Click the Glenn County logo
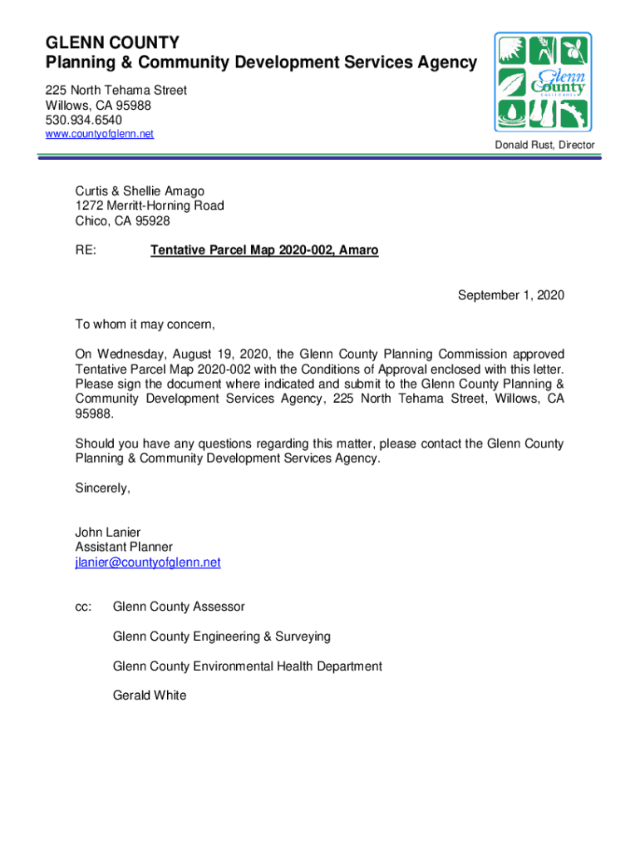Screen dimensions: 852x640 pyautogui.click(x=543, y=82)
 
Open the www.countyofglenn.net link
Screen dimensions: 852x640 pyautogui.click(x=100, y=134)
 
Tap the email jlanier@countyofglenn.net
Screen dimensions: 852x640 pyautogui.click(x=148, y=562)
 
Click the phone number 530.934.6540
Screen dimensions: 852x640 pyautogui.click(x=84, y=120)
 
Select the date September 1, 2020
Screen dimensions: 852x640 pyautogui.click(x=511, y=295)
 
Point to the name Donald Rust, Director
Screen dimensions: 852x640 pyautogui.click(x=545, y=146)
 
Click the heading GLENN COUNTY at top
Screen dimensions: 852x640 pyautogui.click(x=112, y=43)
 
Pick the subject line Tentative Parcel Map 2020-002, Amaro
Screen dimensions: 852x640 pyautogui.click(x=264, y=250)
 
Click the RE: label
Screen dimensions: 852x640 pyautogui.click(x=85, y=250)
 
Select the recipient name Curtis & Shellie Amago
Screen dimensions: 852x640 pyautogui.click(x=140, y=191)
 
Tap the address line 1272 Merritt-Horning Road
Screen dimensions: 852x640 pyautogui.click(x=150, y=206)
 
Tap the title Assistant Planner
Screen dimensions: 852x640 pyautogui.click(x=124, y=547)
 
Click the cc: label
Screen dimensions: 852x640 pyautogui.click(x=83, y=607)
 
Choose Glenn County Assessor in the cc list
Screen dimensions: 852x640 pyautogui.click(x=179, y=607)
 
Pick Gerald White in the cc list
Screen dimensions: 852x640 pyautogui.click(x=150, y=695)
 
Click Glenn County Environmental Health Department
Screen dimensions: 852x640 pyautogui.click(x=248, y=666)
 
